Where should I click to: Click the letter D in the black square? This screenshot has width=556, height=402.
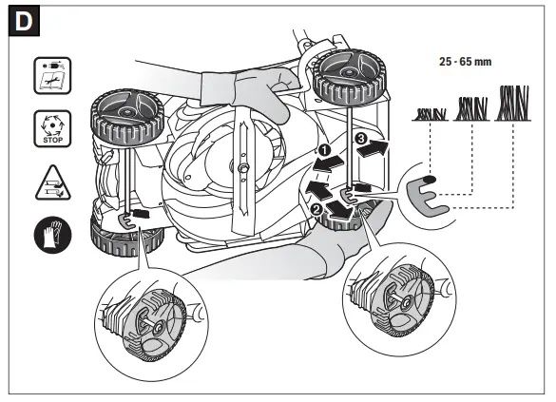pyautogui.click(x=24, y=22)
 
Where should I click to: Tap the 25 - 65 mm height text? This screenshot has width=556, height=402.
pyautogui.click(x=465, y=62)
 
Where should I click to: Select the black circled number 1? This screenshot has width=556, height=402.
pyautogui.click(x=324, y=150)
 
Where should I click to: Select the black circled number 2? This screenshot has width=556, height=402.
pyautogui.click(x=316, y=210)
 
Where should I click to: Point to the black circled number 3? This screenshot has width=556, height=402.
pyautogui.click(x=361, y=138)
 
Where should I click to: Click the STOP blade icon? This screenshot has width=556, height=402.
pyautogui.click(x=52, y=128)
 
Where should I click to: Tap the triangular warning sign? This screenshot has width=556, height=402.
pyautogui.click(x=53, y=183)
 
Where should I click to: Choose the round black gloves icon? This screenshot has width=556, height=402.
pyautogui.click(x=53, y=235)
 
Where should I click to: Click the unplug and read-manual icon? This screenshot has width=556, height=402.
pyautogui.click(x=52, y=75)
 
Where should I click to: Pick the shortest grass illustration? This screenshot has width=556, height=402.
pyautogui.click(x=431, y=114)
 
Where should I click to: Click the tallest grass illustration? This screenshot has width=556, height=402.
pyautogui.click(x=513, y=104)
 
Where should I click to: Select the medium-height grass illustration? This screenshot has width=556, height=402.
pyautogui.click(x=471, y=109)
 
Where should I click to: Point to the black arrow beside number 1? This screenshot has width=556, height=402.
pyautogui.click(x=327, y=163)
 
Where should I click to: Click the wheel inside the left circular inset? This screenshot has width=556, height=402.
pyautogui.click(x=155, y=324)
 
